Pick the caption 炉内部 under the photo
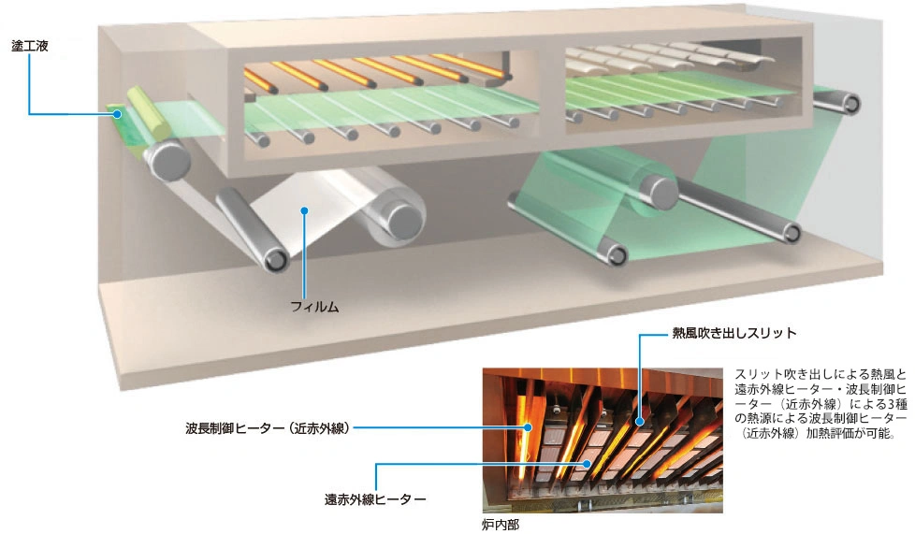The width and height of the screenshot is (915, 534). click(x=499, y=525)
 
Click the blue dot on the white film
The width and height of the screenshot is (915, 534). click(x=304, y=210)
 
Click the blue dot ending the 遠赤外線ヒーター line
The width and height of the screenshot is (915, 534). click(x=587, y=462)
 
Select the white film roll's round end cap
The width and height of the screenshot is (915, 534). click(x=404, y=218)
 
